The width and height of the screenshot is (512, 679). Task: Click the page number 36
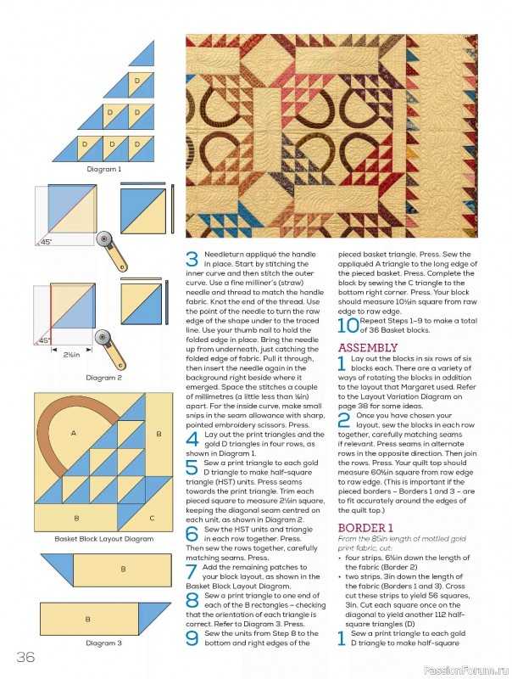(24, 655)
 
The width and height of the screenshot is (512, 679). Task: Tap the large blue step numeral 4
(192, 438)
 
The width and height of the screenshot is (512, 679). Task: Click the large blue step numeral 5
(192, 467)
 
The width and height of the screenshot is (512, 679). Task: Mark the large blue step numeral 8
(192, 598)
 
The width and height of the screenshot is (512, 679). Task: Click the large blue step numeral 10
(348, 326)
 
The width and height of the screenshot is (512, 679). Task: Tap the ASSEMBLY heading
(367, 348)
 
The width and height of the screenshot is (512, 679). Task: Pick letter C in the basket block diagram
(152, 517)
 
